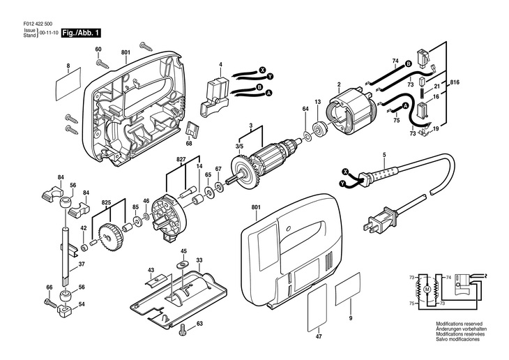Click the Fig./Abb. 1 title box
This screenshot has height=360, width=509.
(x=82, y=32)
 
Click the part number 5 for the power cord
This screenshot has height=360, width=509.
(x=383, y=154)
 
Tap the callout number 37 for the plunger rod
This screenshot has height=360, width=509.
(x=82, y=264)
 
